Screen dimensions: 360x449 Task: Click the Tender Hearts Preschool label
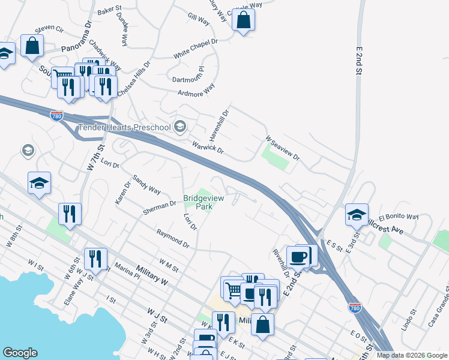pos(124,127)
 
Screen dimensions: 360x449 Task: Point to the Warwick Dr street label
pos(208,146)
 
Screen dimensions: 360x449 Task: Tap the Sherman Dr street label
pos(159,207)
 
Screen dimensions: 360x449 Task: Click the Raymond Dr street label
pos(173,238)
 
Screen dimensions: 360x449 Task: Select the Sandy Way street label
pos(146,184)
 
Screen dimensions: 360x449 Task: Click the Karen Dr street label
pos(122,193)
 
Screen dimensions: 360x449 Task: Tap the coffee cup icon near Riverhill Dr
pos(298,256)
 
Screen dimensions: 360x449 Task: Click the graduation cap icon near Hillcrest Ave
pos(357,214)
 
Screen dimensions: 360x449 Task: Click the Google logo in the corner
pos(20,353)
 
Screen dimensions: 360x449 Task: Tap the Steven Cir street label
pos(49,28)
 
